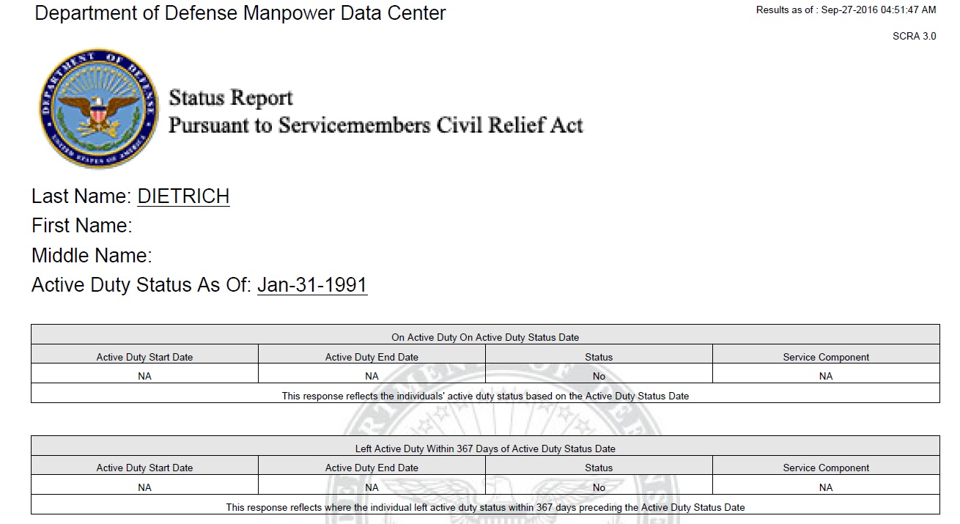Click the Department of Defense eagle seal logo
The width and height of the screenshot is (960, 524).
98,108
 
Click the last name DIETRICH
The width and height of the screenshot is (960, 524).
183,196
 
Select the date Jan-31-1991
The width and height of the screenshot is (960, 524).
312,285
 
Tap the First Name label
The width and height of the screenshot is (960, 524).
81,226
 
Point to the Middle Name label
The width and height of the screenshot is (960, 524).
92,256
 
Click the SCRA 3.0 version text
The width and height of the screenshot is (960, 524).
914,36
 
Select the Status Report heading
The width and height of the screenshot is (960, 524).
231,97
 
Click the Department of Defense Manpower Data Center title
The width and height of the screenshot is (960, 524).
240,13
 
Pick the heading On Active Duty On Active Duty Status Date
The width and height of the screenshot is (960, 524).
485,338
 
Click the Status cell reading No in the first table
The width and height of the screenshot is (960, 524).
599,376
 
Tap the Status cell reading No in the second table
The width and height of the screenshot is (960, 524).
599,487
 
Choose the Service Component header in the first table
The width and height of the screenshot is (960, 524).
826,357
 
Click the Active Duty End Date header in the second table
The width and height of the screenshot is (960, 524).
372,468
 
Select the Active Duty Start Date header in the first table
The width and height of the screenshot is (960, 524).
144,357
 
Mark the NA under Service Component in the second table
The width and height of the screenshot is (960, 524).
826,487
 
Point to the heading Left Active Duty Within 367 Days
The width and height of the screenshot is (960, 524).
485,449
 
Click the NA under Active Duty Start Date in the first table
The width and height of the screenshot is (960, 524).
144,376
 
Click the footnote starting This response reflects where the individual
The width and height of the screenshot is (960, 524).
485,507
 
